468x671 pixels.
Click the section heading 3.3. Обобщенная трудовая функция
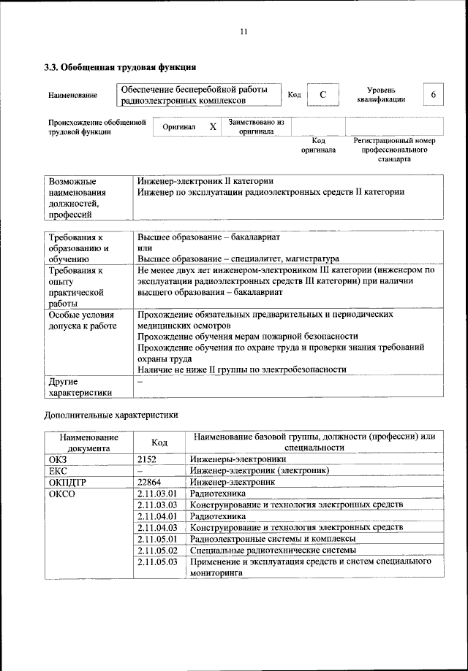click(120, 69)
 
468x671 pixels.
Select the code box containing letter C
click(322, 95)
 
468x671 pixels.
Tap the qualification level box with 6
click(434, 95)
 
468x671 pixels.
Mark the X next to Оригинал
click(213, 126)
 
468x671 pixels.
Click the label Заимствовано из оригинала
click(255, 127)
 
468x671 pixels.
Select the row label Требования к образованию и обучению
click(78, 248)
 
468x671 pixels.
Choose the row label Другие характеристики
click(80, 386)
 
